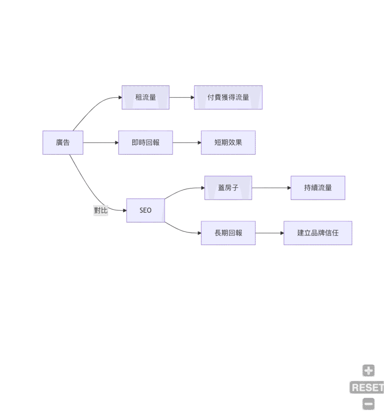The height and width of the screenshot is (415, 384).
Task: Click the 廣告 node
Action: pyautogui.click(x=63, y=143)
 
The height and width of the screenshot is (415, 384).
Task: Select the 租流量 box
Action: pyautogui.click(x=146, y=97)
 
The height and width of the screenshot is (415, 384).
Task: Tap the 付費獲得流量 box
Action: pyautogui.click(x=228, y=97)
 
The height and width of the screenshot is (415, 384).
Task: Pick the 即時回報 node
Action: pyautogui.click(x=145, y=143)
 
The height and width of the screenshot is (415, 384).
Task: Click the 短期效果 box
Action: pyautogui.click(x=228, y=143)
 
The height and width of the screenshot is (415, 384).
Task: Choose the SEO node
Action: pyautogui.click(x=145, y=210)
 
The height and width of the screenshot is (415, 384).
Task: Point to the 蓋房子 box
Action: pyautogui.click(x=228, y=188)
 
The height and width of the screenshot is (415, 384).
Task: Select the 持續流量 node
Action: pyautogui.click(x=318, y=188)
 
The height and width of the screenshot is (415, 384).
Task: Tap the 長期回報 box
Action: pyautogui.click(x=228, y=233)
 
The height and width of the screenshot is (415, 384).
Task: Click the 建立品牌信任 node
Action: pyautogui.click(x=318, y=233)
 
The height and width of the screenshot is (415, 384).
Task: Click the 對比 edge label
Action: pyautogui.click(x=101, y=210)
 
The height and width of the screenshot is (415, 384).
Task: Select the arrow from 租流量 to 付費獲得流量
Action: pyautogui.click(x=181, y=97)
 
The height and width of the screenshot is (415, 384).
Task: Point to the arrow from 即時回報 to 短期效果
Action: pyautogui.click(x=187, y=143)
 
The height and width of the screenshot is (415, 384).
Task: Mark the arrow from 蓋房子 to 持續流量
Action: pyautogui.click(x=271, y=188)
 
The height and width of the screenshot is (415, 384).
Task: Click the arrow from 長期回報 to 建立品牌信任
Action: pyautogui.click(x=270, y=233)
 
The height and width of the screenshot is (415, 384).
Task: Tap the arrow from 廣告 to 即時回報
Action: pyautogui.click(x=101, y=143)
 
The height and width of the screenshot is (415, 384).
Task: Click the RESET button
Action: pyautogui.click(x=367, y=387)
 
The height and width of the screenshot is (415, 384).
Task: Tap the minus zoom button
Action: pyautogui.click(x=369, y=404)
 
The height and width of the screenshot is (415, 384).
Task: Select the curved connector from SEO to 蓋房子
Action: pyautogui.click(x=183, y=190)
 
